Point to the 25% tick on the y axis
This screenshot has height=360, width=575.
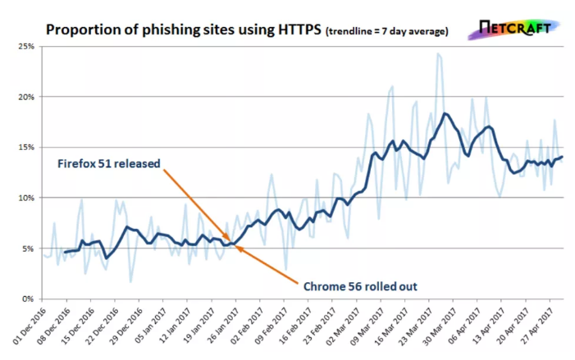pos(25,48)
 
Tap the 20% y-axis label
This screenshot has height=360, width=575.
pos(25,98)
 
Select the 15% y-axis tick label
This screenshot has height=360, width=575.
pos(25,148)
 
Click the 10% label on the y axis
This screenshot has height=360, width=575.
pos(25,198)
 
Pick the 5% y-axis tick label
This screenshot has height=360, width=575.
pos(28,248)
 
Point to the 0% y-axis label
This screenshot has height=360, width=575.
pos(28,298)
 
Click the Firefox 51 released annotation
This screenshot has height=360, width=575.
pos(108,162)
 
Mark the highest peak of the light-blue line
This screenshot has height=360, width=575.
pos(438,54)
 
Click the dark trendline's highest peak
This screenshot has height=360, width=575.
pos(445,113)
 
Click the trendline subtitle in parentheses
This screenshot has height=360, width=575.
pos(387,32)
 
